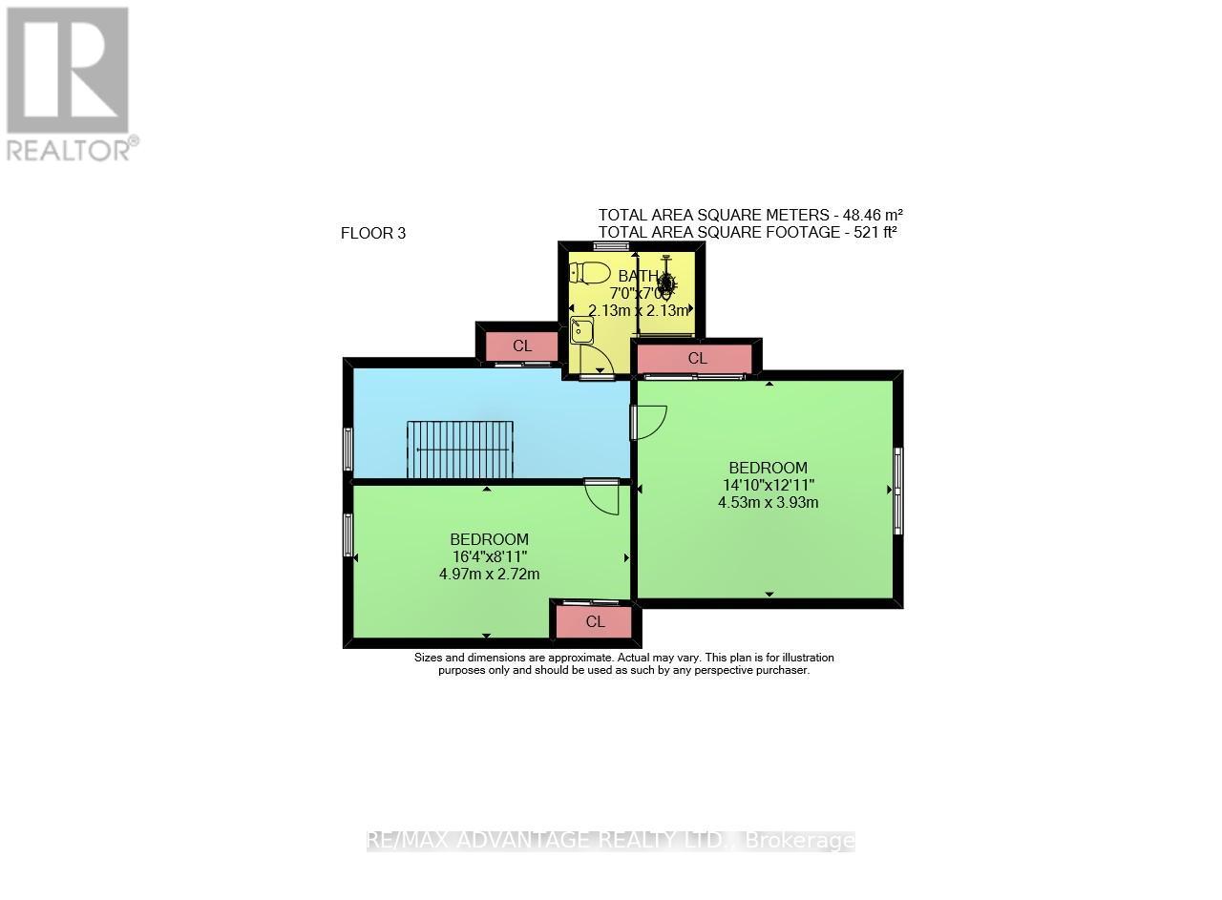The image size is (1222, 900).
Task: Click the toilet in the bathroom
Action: (590, 273)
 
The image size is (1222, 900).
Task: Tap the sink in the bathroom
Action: (581, 332)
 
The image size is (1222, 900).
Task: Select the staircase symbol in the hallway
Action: (460, 450)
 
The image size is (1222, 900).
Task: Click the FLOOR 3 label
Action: (373, 233)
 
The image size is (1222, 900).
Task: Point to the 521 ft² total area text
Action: (748, 232)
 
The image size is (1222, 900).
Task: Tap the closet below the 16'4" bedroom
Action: (595, 622)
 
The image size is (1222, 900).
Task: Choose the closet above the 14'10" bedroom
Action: (697, 359)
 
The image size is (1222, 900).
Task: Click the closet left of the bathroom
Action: (521, 346)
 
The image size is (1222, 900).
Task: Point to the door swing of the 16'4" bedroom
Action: (602, 497)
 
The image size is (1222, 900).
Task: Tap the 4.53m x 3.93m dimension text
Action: (768, 502)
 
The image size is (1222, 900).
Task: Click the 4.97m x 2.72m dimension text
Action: (489, 574)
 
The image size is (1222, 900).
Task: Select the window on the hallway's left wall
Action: (348, 449)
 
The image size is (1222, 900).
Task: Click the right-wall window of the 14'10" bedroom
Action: (897, 491)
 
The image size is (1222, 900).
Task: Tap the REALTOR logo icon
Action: (68, 71)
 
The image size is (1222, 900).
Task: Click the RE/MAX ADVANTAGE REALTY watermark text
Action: (611, 841)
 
